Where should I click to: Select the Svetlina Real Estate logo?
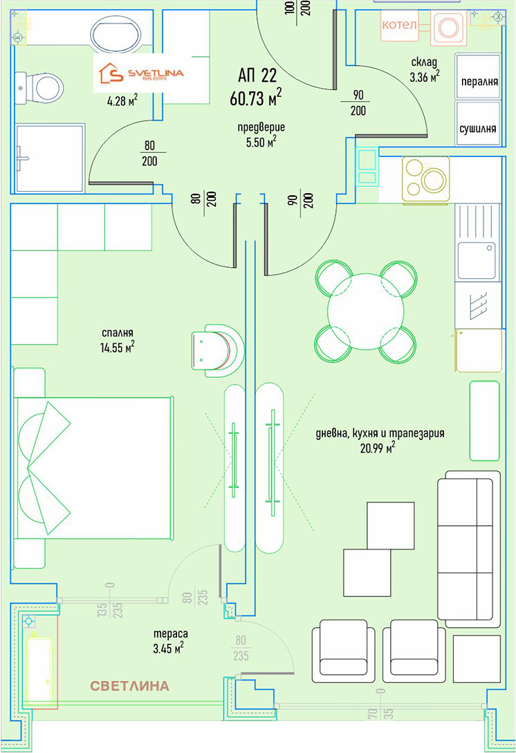[141, 73]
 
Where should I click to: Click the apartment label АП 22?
[257, 75]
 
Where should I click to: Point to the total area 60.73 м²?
[255, 98]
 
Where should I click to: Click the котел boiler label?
[399, 24]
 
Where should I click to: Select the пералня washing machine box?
[478, 77]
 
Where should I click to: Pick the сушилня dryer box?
[478, 123]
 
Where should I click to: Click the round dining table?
[366, 311]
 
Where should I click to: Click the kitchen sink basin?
[477, 261]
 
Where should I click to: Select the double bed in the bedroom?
[93, 469]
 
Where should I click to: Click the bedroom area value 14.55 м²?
[117, 347]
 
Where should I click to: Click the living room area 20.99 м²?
[378, 448]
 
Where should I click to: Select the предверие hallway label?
[261, 127]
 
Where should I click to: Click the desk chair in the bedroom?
[217, 350]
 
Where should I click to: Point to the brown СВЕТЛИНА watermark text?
[130, 686]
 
